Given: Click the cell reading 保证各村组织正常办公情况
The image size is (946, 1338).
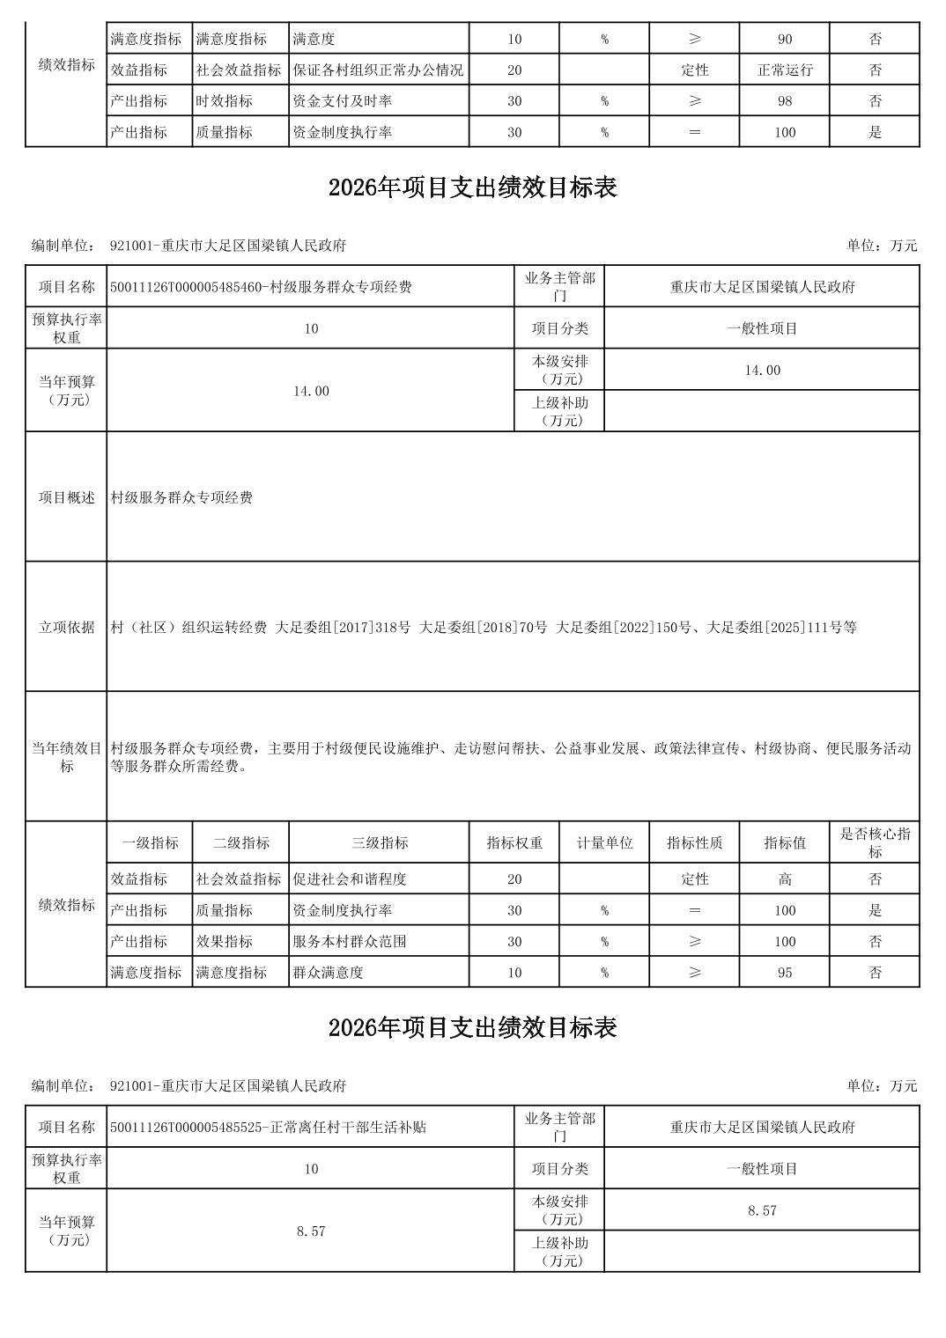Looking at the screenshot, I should tap(378, 70).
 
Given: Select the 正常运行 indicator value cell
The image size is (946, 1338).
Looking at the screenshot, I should tap(785, 70).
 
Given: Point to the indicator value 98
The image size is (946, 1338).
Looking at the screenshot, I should tap(785, 101).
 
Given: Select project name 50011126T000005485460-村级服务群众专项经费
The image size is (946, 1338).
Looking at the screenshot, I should tap(261, 287).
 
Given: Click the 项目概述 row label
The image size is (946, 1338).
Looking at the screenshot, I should tap(67, 497).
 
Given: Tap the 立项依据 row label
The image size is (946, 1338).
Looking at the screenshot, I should tap(67, 628).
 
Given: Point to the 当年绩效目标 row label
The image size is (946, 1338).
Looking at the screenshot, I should tap(67, 757).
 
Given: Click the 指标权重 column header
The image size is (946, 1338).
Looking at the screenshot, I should tap(514, 843).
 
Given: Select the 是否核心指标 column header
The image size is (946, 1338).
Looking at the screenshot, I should tap(875, 843).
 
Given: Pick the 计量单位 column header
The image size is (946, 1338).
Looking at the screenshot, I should tap(604, 843).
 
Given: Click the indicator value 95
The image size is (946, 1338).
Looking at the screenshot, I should tap(785, 973).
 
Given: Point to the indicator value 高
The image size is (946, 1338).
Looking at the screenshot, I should tap(785, 879).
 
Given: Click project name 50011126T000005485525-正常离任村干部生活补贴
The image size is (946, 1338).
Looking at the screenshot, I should tap(268, 1128).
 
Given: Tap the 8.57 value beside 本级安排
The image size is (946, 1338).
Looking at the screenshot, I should tap(762, 1211).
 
